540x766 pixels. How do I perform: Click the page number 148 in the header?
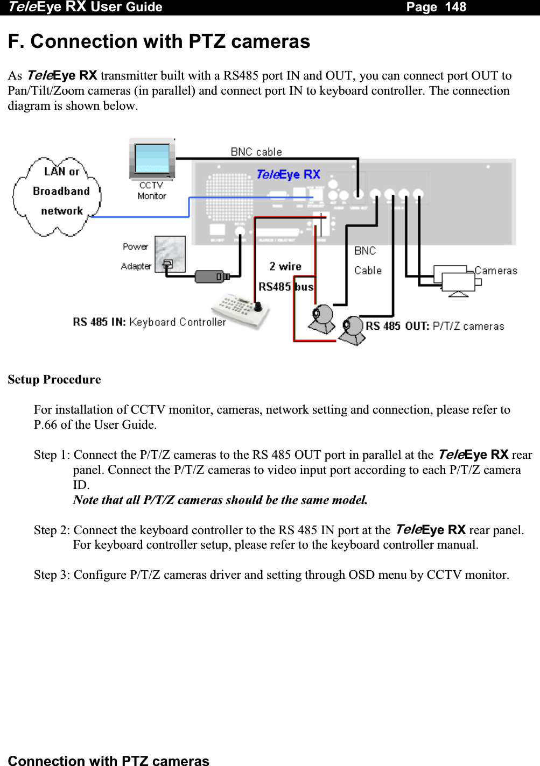click(x=455, y=7)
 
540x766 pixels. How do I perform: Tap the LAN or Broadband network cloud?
click(x=58, y=196)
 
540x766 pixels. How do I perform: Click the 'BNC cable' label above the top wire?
click(x=256, y=152)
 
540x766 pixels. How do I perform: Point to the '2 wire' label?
click(x=285, y=266)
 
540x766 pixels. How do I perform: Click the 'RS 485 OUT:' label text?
click(x=397, y=326)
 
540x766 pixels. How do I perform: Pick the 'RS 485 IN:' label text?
click(x=99, y=322)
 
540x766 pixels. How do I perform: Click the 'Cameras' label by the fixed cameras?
click(x=496, y=271)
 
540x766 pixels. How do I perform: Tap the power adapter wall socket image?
click(x=170, y=254)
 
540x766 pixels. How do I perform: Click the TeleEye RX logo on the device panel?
click(x=289, y=174)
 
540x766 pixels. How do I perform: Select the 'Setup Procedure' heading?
click(x=54, y=379)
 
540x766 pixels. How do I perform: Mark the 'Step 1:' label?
click(x=52, y=455)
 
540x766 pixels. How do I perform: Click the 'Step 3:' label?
click(x=52, y=574)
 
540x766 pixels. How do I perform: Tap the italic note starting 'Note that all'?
click(x=220, y=500)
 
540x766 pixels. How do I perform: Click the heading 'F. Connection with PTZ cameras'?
click(x=159, y=41)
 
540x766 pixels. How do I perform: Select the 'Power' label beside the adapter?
click(x=135, y=246)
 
